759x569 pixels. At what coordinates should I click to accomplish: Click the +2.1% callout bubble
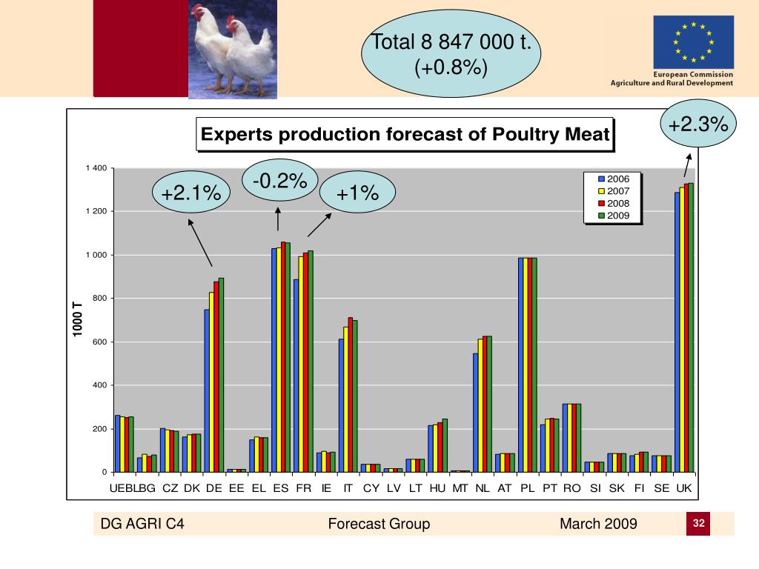point(191,194)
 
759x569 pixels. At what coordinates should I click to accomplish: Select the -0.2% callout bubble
point(279,181)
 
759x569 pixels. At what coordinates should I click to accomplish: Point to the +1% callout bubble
point(357,194)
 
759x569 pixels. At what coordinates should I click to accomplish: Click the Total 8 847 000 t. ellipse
point(451,55)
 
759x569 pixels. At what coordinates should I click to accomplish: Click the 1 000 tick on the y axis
point(98,255)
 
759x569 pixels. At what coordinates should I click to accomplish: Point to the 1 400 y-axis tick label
point(98,168)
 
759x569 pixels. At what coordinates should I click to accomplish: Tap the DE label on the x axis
point(214,488)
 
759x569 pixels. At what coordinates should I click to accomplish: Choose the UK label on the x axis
point(684,488)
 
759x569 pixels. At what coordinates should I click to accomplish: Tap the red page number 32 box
point(698,524)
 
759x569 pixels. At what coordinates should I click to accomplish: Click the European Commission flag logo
point(693,42)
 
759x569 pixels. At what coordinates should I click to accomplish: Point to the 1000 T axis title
point(77,319)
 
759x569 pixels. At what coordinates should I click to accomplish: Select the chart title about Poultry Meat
point(405,135)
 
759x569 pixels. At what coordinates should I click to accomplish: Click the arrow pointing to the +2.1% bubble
point(201,242)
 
